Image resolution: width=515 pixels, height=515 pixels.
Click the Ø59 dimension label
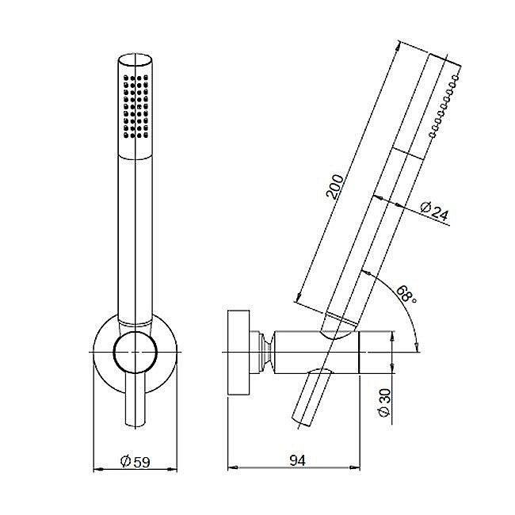coord(135,461)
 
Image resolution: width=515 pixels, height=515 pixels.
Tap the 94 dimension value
coord(298,460)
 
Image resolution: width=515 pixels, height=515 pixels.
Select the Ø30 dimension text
coord(384,402)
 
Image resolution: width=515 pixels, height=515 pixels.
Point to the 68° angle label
coord(407,294)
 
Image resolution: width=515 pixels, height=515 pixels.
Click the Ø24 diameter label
coord(434,212)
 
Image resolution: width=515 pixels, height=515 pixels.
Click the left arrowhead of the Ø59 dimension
coord(98,469)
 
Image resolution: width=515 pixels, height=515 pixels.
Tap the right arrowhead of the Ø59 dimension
coord(172,469)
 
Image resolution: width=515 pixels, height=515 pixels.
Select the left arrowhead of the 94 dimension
coord(233,467)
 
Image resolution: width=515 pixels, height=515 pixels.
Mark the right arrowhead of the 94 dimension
coord(355,467)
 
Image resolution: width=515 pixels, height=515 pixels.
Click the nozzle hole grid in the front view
coord(135,106)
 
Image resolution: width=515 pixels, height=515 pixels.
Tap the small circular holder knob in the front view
coord(135,352)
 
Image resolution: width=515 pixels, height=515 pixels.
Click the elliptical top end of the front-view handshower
coord(135,60)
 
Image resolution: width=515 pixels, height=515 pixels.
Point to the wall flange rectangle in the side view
coord(238,352)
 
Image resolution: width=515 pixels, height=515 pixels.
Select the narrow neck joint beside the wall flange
coord(266,352)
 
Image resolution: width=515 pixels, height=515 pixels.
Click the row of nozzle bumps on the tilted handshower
coord(444,105)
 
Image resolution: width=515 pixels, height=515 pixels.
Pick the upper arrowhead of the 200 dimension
coord(398,46)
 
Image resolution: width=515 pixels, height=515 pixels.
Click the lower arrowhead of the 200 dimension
coord(298,296)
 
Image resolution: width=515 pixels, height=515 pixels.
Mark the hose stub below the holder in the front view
coord(135,401)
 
